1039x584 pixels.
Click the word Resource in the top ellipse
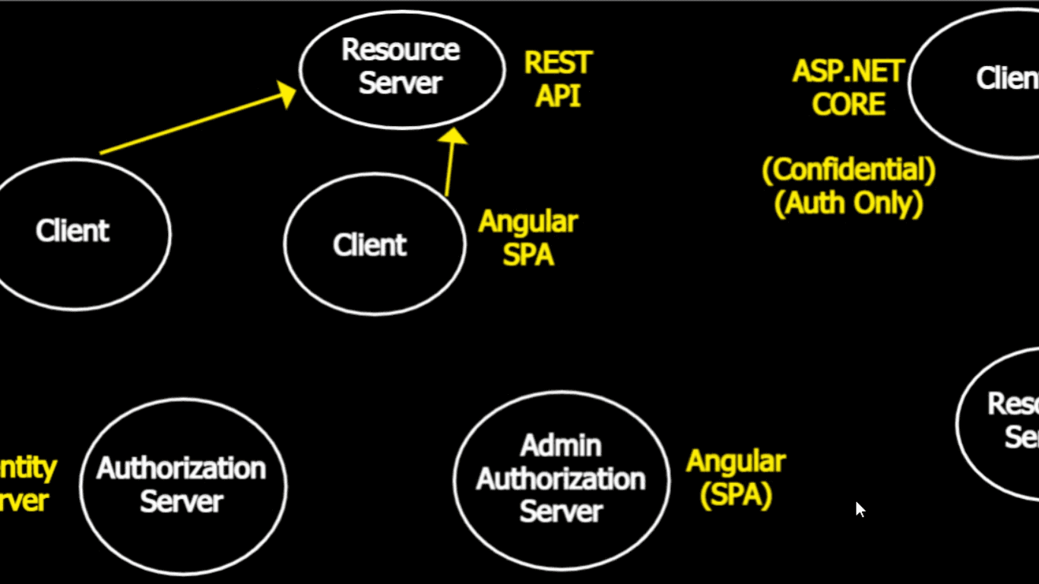[x=401, y=50]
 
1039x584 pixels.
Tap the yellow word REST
[x=558, y=63]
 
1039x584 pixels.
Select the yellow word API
[x=558, y=96]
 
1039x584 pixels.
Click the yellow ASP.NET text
[x=848, y=72]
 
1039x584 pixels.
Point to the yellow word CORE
[x=848, y=105]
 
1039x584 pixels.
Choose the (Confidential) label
[x=848, y=170]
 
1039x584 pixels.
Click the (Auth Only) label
[x=848, y=204]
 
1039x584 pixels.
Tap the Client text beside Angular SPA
[x=370, y=245]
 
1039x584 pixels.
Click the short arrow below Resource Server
[x=450, y=163]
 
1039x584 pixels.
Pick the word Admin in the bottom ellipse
[x=561, y=446]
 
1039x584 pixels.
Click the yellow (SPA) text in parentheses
[x=736, y=494]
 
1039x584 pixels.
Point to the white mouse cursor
[x=859, y=508]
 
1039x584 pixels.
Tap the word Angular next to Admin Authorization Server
[x=736, y=461]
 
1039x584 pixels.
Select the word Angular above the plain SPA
[x=528, y=222]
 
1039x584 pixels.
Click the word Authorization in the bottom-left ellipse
[x=182, y=469]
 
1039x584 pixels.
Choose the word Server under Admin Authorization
[x=561, y=512]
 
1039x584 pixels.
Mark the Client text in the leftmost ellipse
[x=73, y=231]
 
